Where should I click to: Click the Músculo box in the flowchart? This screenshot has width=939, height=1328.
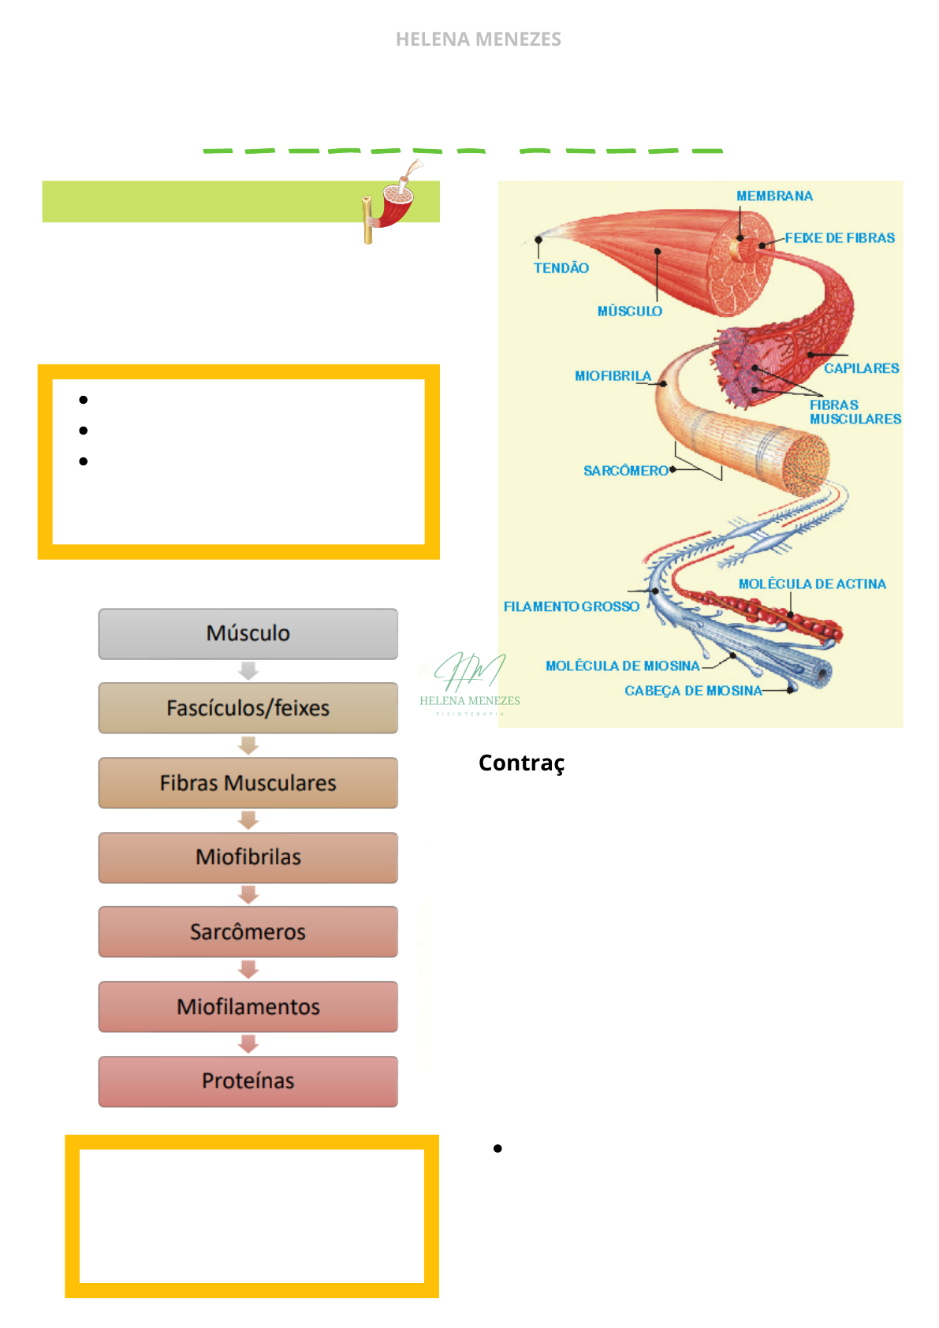click(x=248, y=634)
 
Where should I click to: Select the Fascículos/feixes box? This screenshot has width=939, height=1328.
click(x=248, y=708)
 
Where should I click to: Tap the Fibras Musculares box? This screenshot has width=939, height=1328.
click(x=248, y=782)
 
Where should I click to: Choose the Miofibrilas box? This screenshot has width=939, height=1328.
click(x=248, y=857)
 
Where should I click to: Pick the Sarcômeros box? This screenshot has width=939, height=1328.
click(x=248, y=931)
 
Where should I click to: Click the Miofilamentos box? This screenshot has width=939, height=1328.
click(x=248, y=1006)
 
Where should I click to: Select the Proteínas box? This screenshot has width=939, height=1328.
click(x=248, y=1081)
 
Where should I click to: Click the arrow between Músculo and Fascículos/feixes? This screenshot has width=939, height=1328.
click(x=248, y=671)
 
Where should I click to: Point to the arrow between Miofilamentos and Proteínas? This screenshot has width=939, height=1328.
click(x=248, y=1044)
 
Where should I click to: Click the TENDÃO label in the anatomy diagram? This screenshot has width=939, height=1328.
click(x=561, y=268)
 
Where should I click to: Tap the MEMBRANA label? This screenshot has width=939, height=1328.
click(x=774, y=196)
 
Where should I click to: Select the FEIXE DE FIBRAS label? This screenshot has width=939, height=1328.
click(x=840, y=237)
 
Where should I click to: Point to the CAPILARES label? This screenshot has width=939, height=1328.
click(x=862, y=368)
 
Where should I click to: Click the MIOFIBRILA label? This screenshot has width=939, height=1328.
click(x=613, y=376)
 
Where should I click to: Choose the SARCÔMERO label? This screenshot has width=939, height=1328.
click(x=626, y=470)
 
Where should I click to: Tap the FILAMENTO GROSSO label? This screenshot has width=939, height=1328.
click(x=572, y=606)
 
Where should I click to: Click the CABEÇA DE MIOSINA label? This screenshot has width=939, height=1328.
click(x=693, y=691)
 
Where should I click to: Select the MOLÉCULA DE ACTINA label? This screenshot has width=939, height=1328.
click(x=812, y=584)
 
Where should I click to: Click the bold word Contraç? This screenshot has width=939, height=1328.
click(x=522, y=763)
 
